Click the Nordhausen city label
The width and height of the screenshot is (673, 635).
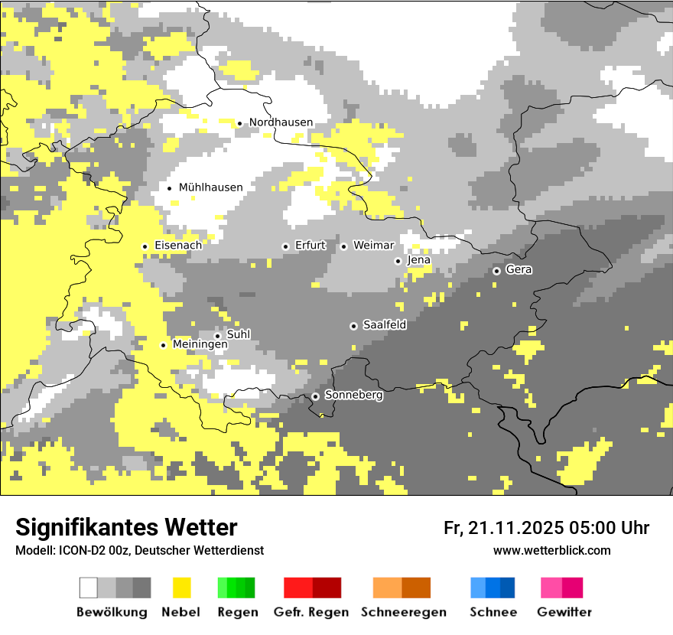(x=281, y=122)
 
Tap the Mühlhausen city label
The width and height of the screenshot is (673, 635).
(x=210, y=187)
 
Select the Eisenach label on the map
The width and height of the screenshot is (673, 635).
(x=178, y=246)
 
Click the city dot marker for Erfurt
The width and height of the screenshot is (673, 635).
(x=285, y=246)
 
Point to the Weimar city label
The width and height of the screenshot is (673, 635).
(x=373, y=246)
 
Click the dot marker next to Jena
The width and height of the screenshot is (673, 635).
(x=398, y=261)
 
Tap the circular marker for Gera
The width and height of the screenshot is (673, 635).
(x=496, y=271)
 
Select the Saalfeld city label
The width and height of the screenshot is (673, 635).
(x=384, y=325)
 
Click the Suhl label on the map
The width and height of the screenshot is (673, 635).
(x=238, y=334)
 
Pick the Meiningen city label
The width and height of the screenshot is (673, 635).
(x=200, y=345)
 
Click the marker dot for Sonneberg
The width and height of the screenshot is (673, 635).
(x=315, y=396)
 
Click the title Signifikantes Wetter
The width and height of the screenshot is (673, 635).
(x=126, y=528)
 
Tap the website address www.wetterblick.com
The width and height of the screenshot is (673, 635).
(x=551, y=551)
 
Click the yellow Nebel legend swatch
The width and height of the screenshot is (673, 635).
(x=181, y=588)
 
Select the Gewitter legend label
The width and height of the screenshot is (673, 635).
(x=564, y=612)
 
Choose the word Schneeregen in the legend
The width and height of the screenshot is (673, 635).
(x=403, y=612)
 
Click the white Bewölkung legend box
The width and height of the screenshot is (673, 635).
(x=89, y=588)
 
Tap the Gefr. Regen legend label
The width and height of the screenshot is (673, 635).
(x=310, y=612)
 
